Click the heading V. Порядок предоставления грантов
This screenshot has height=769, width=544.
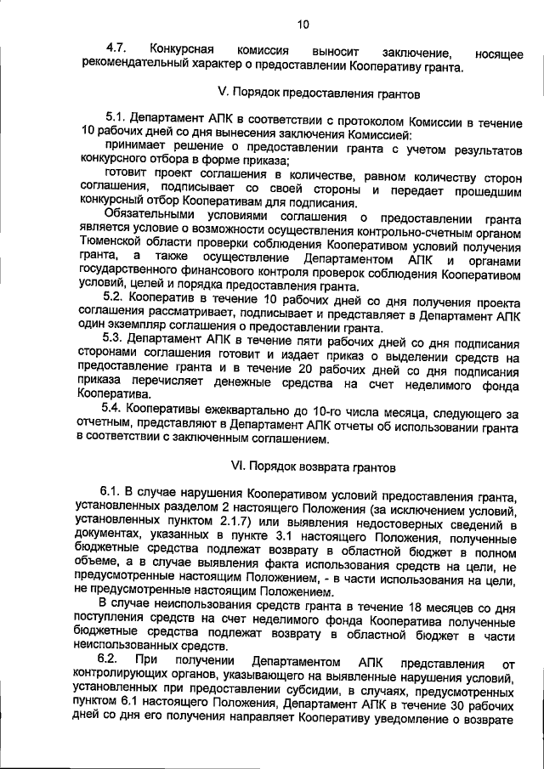(304, 93)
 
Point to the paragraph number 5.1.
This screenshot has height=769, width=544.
(116, 122)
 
